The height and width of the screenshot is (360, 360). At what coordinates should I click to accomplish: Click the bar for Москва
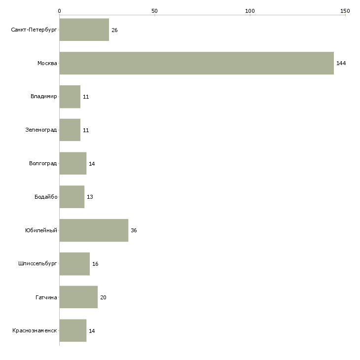pyautogui.click(x=197, y=63)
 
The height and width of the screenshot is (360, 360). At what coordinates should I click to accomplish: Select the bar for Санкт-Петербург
pyautogui.click(x=84, y=30)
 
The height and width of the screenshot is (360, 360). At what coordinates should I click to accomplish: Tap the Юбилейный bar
pyautogui.click(x=94, y=230)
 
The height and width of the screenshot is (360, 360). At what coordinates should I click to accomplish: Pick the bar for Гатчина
pyautogui.click(x=78, y=297)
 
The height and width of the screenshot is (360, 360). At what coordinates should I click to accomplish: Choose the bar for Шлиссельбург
pyautogui.click(x=74, y=264)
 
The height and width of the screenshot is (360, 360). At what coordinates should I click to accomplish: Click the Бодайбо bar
pyautogui.click(x=72, y=197)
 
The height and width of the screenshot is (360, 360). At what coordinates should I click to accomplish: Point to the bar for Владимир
pyautogui.click(x=70, y=97)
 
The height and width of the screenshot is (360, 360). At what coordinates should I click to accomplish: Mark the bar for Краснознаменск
pyautogui.click(x=73, y=330)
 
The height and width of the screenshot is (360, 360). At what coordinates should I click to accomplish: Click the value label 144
pyautogui.click(x=341, y=63)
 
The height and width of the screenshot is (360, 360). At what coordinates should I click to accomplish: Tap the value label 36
pyautogui.click(x=134, y=230)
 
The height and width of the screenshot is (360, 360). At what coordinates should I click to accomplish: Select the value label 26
pyautogui.click(x=114, y=30)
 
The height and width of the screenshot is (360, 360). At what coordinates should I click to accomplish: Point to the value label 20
pyautogui.click(x=103, y=297)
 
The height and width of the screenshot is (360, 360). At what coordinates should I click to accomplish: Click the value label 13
pyautogui.click(x=90, y=197)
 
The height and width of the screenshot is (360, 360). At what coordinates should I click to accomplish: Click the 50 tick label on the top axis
pyautogui.click(x=154, y=11)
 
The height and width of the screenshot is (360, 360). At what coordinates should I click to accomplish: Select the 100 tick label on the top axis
pyautogui.click(x=250, y=11)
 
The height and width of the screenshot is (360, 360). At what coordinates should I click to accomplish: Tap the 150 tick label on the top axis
pyautogui.click(x=345, y=11)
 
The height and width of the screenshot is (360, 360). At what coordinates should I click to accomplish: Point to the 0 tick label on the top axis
pyautogui.click(x=60, y=11)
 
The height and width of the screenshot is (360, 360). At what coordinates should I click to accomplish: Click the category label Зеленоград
pyautogui.click(x=41, y=130)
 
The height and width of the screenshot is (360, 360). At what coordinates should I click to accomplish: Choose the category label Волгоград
pyautogui.click(x=43, y=163)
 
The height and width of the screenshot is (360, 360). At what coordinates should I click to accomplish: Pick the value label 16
pyautogui.click(x=95, y=264)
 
